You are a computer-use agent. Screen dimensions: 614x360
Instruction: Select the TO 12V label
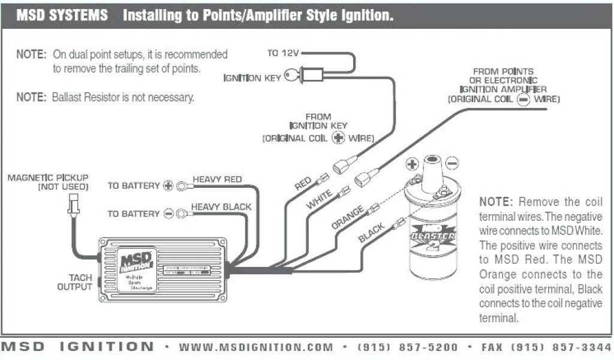click(x=282, y=53)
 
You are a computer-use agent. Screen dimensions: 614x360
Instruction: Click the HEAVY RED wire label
click(x=217, y=179)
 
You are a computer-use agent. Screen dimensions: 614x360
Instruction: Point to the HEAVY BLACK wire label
click(x=221, y=207)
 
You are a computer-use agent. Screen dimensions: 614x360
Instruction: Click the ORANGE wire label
click(x=347, y=218)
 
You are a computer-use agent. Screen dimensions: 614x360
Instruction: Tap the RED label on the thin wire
click(x=303, y=184)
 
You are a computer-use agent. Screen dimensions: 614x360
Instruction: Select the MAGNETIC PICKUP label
click(x=48, y=178)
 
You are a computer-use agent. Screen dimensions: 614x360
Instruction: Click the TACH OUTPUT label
click(x=75, y=282)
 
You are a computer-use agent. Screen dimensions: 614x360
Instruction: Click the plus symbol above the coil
click(x=412, y=163)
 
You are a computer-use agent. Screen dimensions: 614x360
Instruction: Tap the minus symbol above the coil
click(x=452, y=163)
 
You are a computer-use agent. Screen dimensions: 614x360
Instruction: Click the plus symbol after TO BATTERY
click(x=168, y=186)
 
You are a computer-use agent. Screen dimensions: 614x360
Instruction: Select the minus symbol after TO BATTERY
click(x=168, y=214)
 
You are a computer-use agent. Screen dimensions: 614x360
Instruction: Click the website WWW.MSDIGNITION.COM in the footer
click(x=255, y=347)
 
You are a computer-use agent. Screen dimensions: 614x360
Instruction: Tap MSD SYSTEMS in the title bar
click(x=62, y=16)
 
